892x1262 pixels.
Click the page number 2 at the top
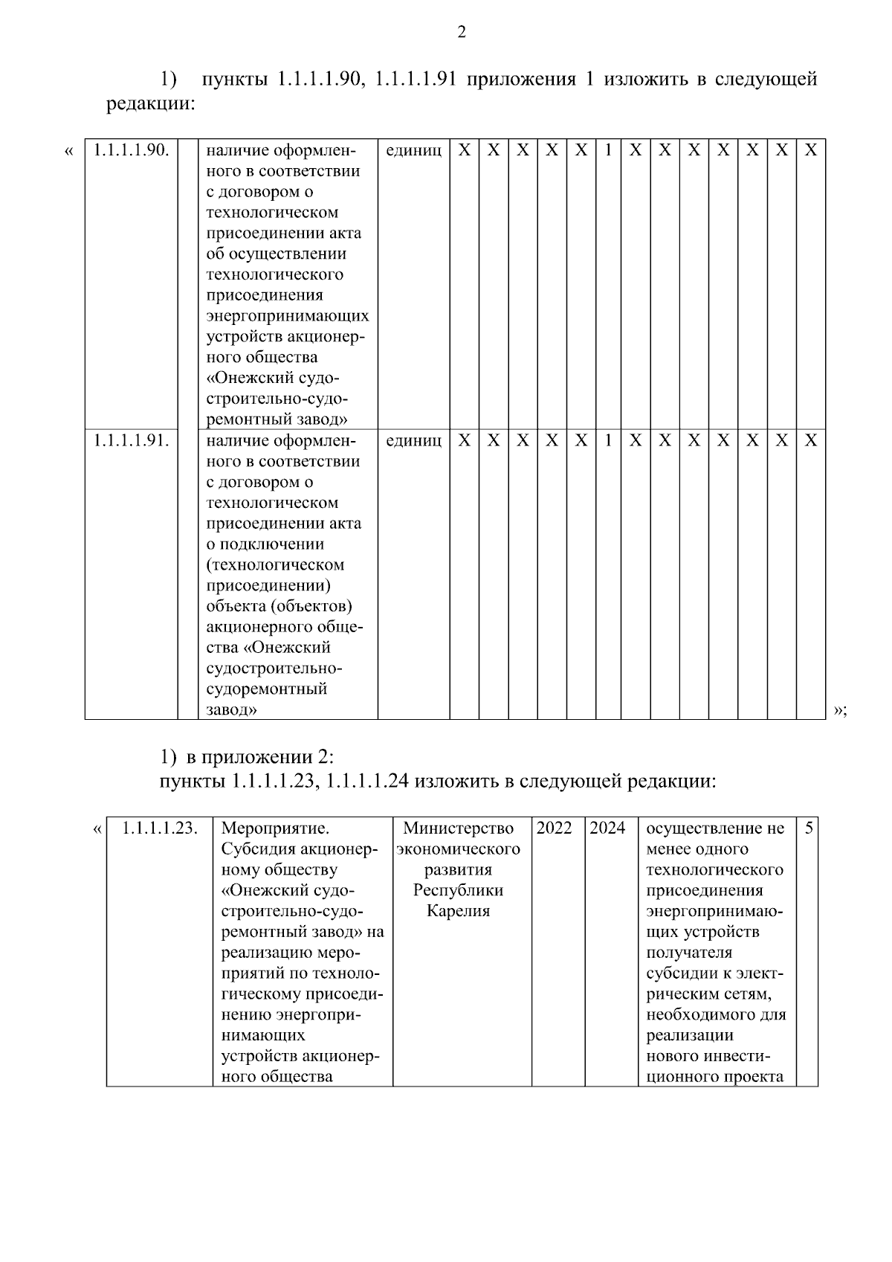(x=462, y=32)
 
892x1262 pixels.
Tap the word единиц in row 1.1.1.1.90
(x=414, y=150)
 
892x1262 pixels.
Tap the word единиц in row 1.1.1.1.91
(x=414, y=440)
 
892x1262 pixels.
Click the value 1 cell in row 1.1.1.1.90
(x=608, y=150)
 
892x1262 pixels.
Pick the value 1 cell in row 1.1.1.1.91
(x=608, y=440)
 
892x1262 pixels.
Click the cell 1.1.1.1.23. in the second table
(x=160, y=828)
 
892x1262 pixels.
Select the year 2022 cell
(x=555, y=828)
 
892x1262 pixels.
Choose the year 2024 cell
(x=608, y=828)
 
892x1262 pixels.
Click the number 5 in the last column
(x=808, y=828)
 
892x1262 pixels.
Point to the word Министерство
(x=459, y=828)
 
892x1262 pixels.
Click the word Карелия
(x=459, y=911)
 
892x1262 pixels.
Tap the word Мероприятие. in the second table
(x=276, y=828)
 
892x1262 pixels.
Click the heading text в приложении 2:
(x=260, y=758)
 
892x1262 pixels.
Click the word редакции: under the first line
(x=151, y=103)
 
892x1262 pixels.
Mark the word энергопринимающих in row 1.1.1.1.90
(x=288, y=316)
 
